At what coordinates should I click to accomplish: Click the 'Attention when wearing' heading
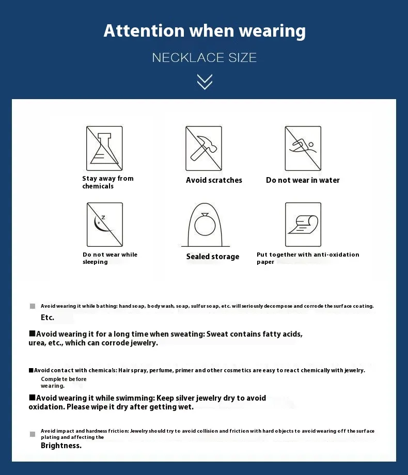click(x=205, y=30)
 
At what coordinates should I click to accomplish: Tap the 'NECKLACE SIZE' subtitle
click(x=205, y=57)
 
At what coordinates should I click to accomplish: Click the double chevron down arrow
click(x=205, y=82)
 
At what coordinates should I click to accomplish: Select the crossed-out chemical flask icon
click(x=104, y=148)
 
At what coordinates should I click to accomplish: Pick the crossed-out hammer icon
click(x=203, y=148)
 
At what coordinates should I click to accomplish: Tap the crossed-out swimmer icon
click(x=303, y=148)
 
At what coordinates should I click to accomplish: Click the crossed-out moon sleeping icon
click(x=104, y=224)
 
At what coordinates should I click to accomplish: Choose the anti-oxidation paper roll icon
click(x=303, y=224)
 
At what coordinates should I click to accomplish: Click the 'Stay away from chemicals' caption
click(x=108, y=182)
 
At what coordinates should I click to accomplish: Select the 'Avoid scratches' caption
click(x=214, y=180)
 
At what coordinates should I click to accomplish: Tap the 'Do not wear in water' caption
click(x=303, y=180)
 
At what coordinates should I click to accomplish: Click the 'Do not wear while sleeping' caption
click(x=110, y=258)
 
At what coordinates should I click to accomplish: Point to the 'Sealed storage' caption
click(x=213, y=257)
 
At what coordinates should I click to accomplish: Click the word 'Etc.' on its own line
click(x=48, y=318)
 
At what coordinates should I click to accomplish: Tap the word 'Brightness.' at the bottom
click(x=61, y=446)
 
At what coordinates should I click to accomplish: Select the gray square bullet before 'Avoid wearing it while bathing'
click(x=33, y=306)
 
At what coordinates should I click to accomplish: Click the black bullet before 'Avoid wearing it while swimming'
click(x=32, y=398)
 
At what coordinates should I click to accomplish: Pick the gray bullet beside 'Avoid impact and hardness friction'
click(x=33, y=434)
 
